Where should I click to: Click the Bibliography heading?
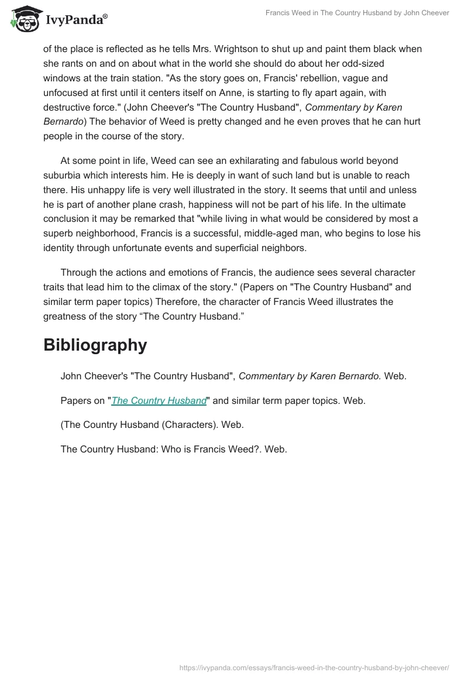pos(95,345)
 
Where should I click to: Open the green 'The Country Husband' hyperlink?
pos(159,401)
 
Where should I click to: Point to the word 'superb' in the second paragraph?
pos(58,234)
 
